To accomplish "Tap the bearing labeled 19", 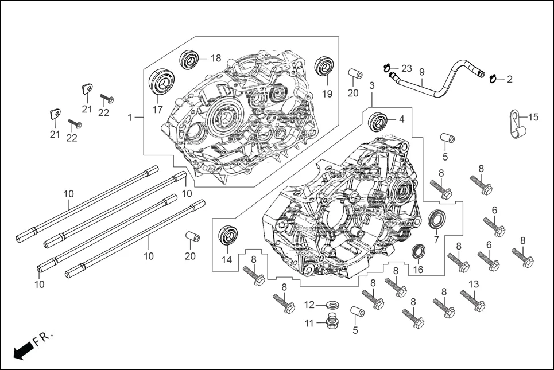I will click(326, 66).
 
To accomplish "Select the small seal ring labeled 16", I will click(418, 251).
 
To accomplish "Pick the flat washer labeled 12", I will click(331, 304).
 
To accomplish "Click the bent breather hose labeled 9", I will click(436, 86).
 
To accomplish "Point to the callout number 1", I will click(130, 117).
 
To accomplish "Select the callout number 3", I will click(372, 85).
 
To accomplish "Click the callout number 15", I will click(533, 117).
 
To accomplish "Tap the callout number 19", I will click(327, 94).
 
